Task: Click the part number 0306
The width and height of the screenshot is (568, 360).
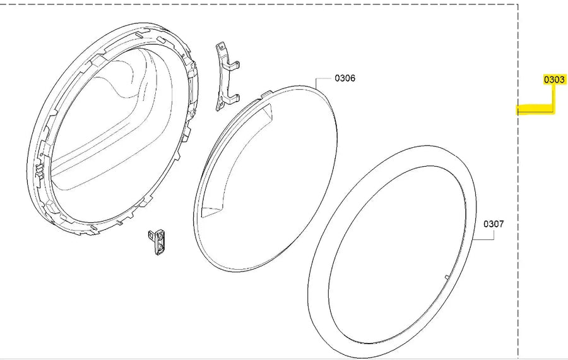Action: point(345,78)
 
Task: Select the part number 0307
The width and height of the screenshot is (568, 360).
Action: point(494,224)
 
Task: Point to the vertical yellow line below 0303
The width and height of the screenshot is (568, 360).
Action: point(553,98)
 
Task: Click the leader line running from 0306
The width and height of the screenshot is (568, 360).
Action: point(322,78)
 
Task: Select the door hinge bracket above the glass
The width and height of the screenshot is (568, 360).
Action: point(225,76)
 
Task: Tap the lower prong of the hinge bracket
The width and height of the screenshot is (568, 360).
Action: point(234,97)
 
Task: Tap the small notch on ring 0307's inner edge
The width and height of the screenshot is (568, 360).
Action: point(446,277)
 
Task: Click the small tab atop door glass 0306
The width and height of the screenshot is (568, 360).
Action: point(265,95)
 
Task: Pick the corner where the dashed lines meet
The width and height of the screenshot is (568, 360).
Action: point(518,5)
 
